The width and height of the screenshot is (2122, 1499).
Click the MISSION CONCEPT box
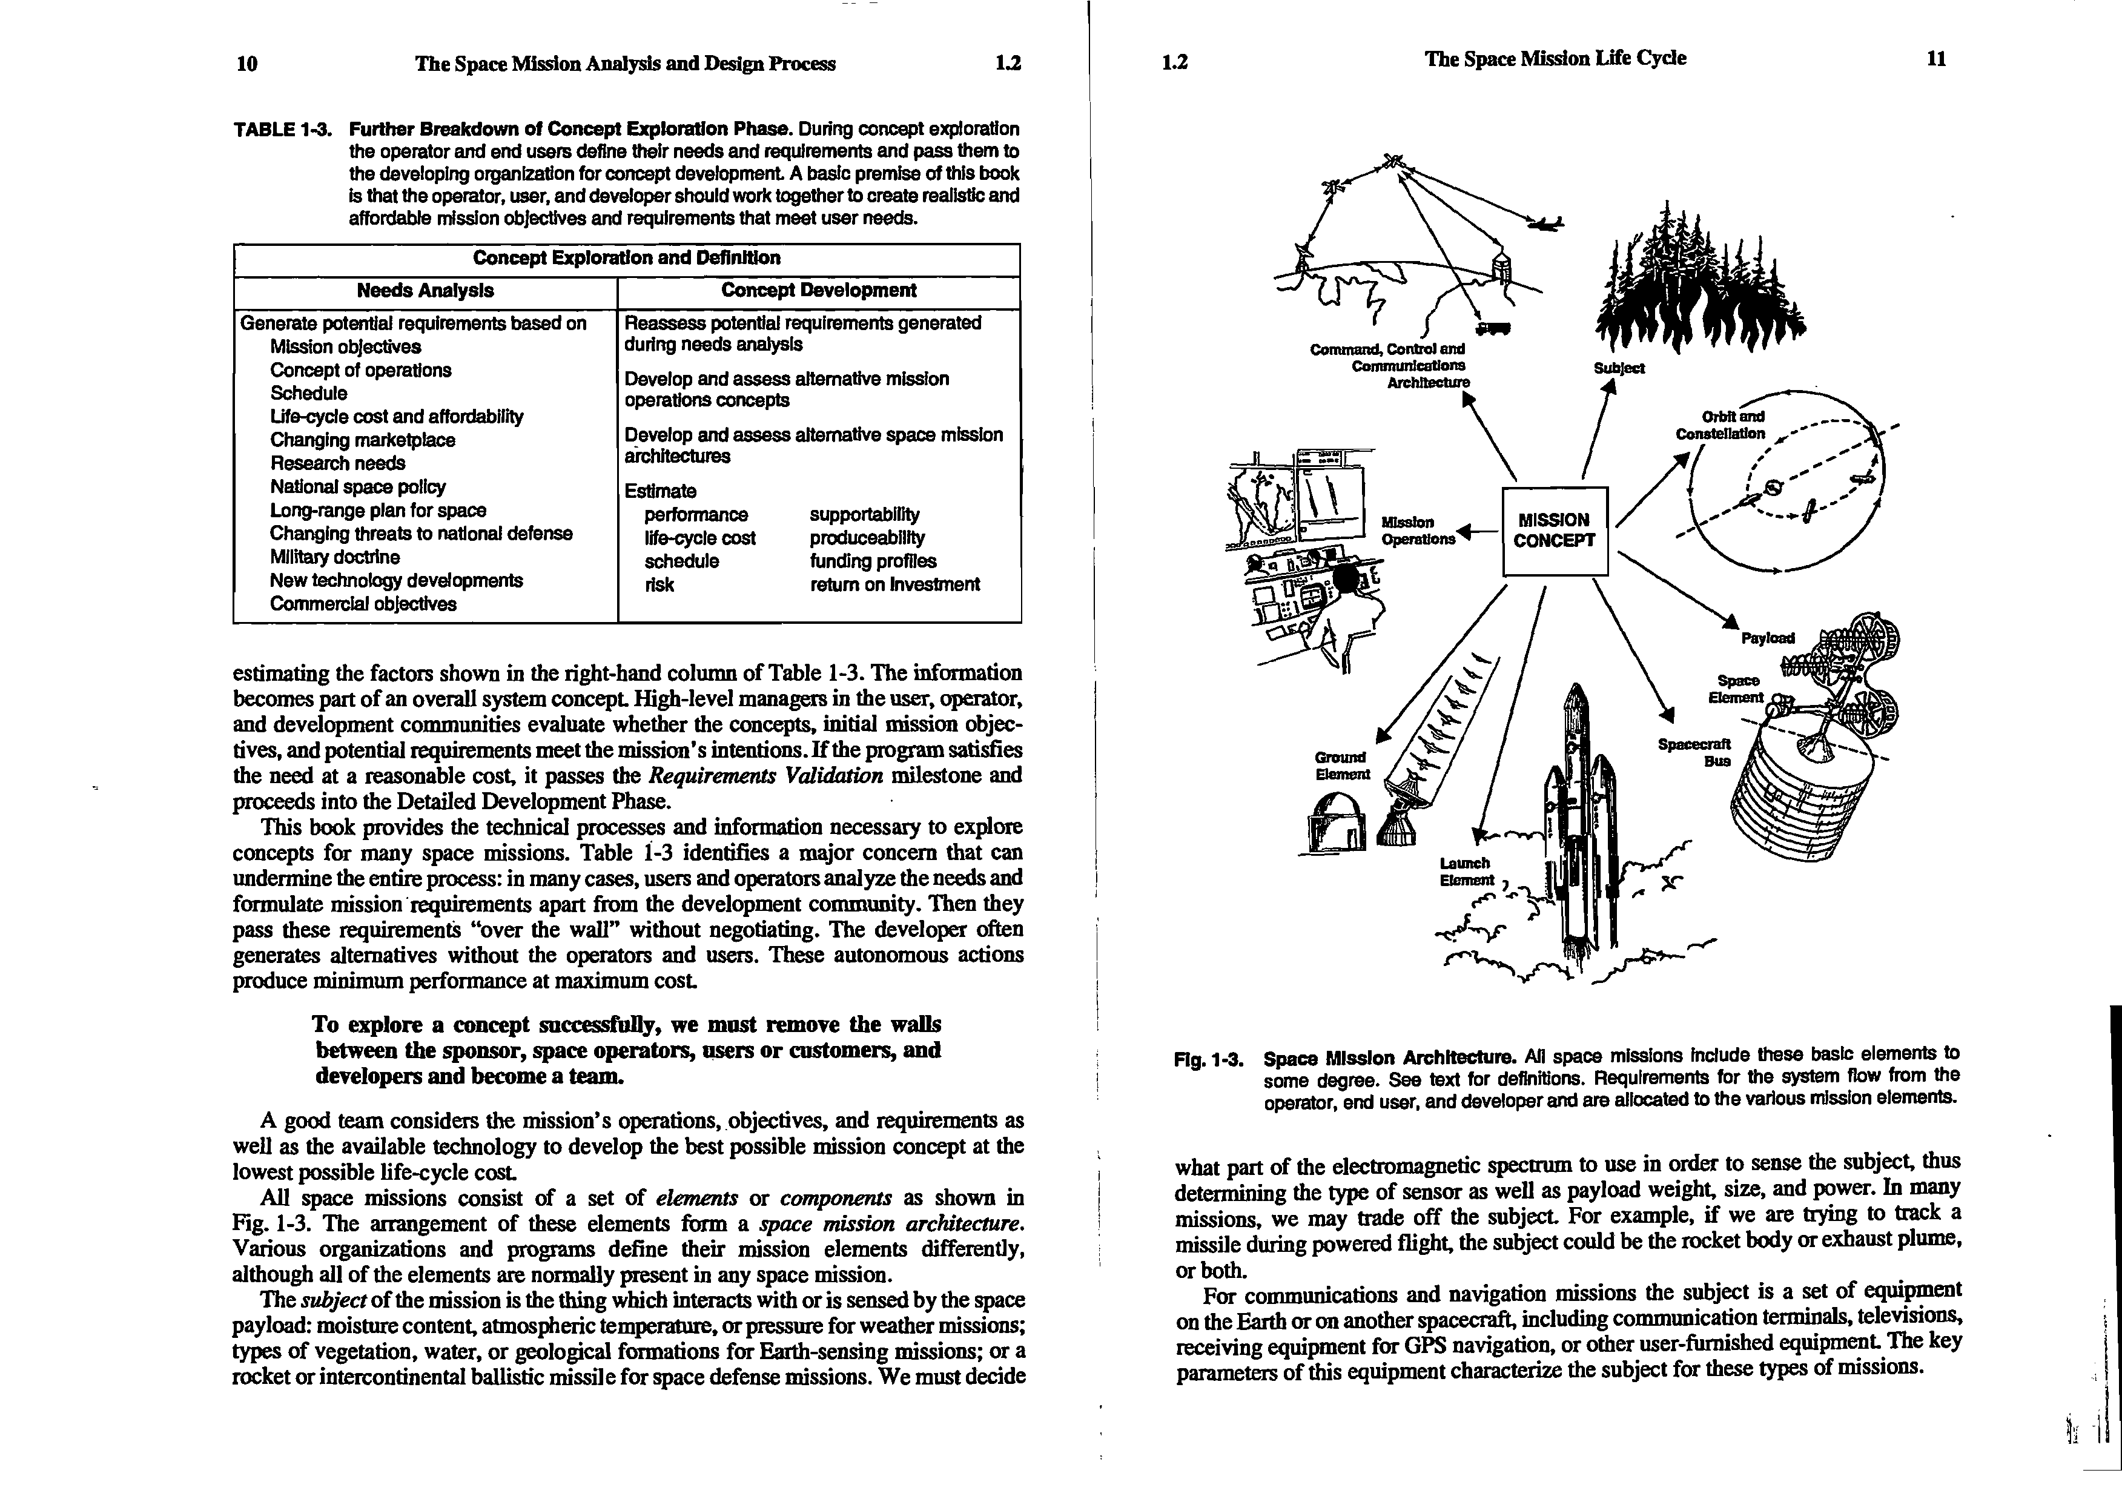(1555, 531)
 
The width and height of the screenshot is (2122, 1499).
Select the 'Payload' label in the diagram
(1767, 638)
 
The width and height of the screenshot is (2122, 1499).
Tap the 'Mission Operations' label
(1417, 531)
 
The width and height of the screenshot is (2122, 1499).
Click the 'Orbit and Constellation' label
(1721, 425)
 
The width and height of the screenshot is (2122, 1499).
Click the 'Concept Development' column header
(818, 290)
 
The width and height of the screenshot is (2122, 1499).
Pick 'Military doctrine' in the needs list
(334, 557)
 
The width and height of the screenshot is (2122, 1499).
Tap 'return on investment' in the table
(894, 584)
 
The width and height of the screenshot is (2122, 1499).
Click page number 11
(1936, 59)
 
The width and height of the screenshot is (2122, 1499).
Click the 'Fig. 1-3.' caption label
(1209, 1059)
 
